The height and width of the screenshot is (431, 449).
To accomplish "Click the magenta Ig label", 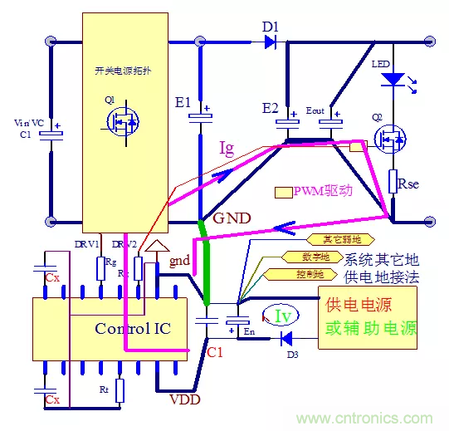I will pos(227,149).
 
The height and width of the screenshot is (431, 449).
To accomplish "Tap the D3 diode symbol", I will pos(286,338).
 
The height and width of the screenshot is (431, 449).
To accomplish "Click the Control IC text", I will pos(133,328).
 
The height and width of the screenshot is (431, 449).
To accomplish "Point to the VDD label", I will pos(184,399).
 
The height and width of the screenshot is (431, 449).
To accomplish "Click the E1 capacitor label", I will pos(182,103).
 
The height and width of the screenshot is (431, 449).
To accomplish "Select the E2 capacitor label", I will pos(270,108).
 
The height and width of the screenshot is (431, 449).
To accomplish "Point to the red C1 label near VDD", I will pos(215,352).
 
